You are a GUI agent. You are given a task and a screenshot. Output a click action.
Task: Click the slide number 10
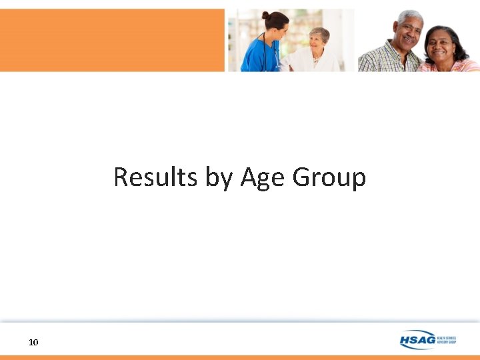(x=34, y=342)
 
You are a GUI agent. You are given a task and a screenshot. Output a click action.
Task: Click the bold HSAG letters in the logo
(x=417, y=341)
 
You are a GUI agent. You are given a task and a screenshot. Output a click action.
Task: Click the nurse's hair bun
(x=265, y=15)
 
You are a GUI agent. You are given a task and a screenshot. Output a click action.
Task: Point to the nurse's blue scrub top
(x=257, y=57)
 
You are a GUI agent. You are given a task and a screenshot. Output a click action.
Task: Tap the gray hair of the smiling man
(x=410, y=15)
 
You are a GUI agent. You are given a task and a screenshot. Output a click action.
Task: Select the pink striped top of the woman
(x=453, y=66)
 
